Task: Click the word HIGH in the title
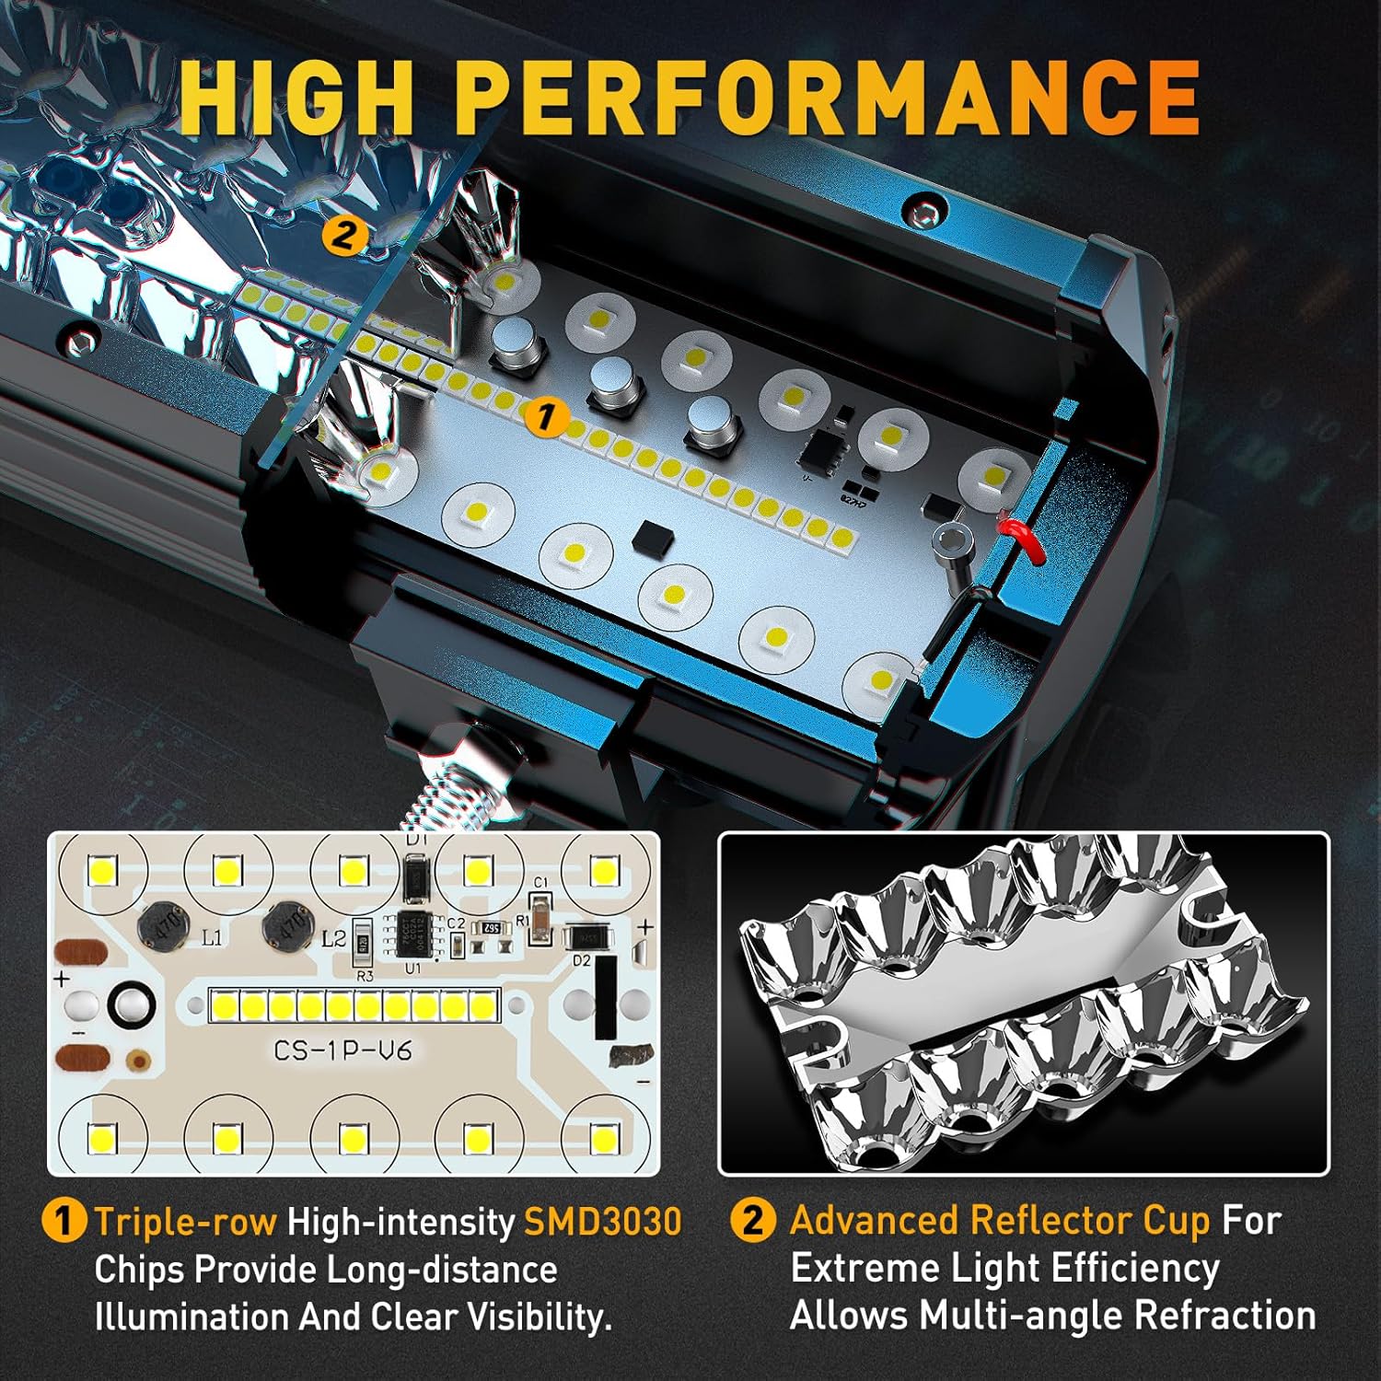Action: click(x=296, y=97)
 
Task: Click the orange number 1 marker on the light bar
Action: click(x=545, y=418)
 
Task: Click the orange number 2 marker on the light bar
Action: click(x=342, y=236)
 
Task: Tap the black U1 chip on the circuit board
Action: click(x=417, y=934)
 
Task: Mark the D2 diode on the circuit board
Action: click(x=582, y=937)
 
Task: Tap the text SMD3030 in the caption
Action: click(x=603, y=1222)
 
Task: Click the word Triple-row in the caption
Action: click(x=185, y=1222)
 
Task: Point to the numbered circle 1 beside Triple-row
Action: click(x=64, y=1222)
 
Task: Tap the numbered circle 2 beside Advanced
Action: click(x=753, y=1221)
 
